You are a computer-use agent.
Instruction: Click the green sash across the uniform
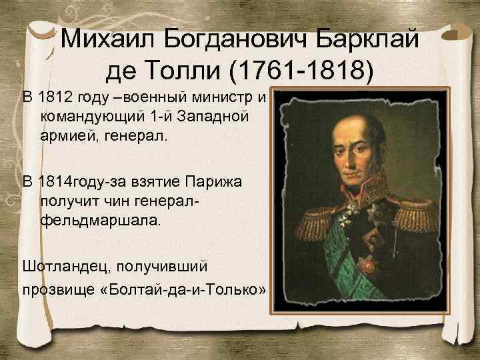347,267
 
